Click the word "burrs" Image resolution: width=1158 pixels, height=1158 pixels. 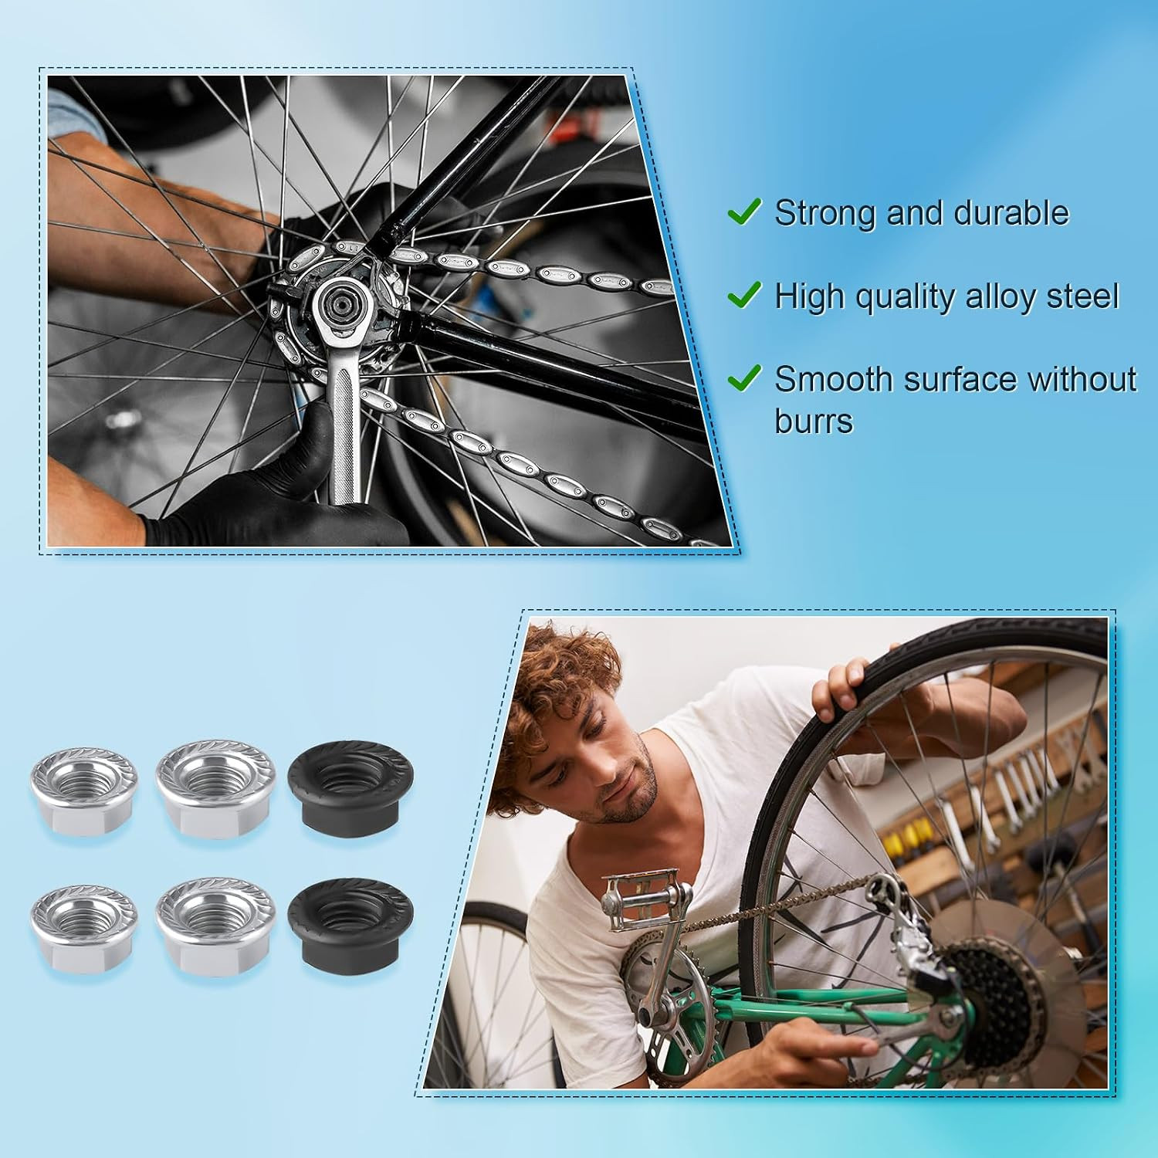(814, 422)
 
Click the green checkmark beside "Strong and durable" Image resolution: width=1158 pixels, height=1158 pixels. (744, 211)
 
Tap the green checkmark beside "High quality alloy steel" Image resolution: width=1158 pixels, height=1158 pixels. (744, 294)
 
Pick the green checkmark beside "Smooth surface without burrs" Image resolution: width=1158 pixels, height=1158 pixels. (744, 378)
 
